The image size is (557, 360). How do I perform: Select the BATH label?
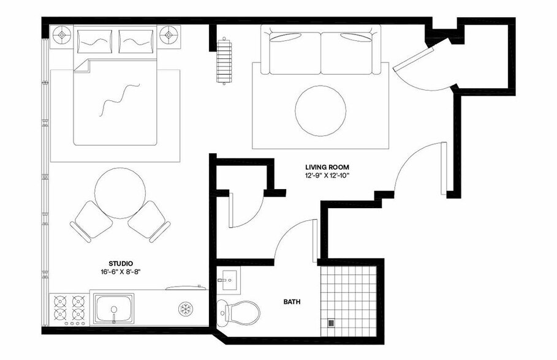[x=292, y=302]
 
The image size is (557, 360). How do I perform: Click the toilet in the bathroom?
[x=240, y=312]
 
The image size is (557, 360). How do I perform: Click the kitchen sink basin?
[x=114, y=308]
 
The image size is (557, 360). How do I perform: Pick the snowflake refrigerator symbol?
[x=184, y=308]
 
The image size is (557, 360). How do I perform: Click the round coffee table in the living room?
[x=320, y=110]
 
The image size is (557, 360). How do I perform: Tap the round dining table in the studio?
[x=121, y=193]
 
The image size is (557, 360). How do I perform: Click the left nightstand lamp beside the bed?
[x=62, y=36]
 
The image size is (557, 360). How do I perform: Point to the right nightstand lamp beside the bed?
[x=169, y=36]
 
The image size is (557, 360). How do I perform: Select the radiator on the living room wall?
[x=224, y=61]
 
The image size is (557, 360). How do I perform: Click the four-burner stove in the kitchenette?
[x=69, y=308]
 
